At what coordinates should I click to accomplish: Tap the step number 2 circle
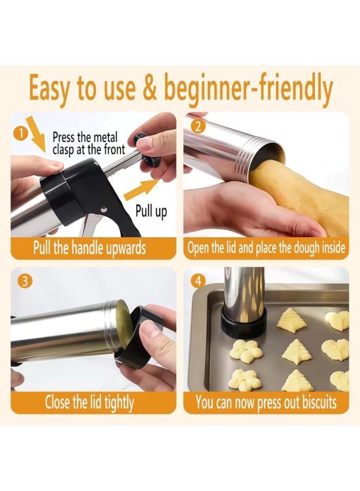coord(198,127)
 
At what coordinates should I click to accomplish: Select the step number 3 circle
coord(25,280)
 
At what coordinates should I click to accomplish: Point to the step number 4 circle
coord(198,281)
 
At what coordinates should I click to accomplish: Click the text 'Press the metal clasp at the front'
coord(88,143)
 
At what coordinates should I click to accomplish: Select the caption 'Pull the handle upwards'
coord(89,248)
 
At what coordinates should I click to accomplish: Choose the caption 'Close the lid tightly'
coord(89,402)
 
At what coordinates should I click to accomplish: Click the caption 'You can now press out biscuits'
coord(266,402)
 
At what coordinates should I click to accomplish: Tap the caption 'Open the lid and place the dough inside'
coord(266,248)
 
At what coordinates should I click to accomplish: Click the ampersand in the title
coord(150,87)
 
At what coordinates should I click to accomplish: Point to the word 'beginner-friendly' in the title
coord(248,88)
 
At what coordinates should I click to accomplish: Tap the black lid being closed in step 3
coord(140,338)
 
